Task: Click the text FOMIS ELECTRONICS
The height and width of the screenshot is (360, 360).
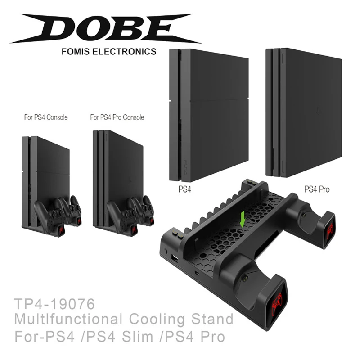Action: click(108, 52)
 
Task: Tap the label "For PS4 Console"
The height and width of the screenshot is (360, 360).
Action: click(46, 117)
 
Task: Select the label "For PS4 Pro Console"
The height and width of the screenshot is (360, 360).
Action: click(117, 117)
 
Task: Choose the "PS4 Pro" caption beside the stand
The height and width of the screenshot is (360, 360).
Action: click(317, 189)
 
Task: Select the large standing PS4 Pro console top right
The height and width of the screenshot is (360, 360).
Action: click(303, 112)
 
